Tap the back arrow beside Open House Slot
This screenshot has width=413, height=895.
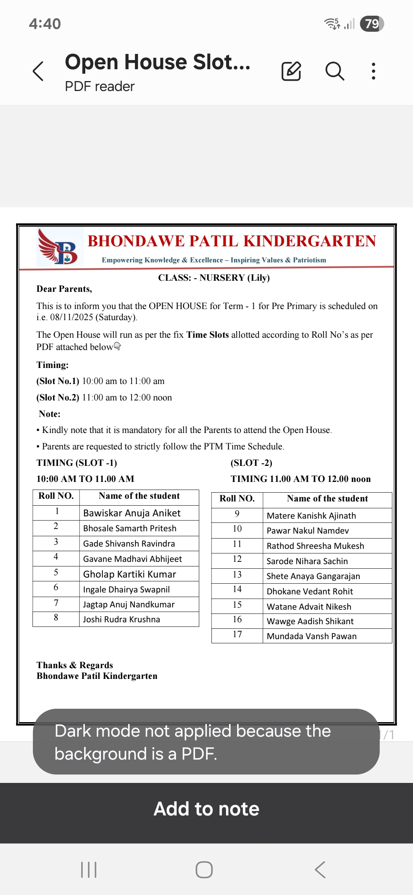pyautogui.click(x=38, y=71)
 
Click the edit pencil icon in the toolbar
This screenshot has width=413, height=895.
pyautogui.click(x=291, y=71)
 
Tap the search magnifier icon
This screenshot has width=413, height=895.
pyautogui.click(x=335, y=71)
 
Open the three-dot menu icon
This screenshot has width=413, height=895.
pyautogui.click(x=373, y=71)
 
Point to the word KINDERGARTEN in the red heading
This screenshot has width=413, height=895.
pyautogui.click(x=310, y=241)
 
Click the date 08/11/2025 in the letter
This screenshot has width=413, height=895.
pyautogui.click(x=72, y=317)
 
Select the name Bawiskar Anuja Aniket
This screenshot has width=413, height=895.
pyautogui.click(x=132, y=513)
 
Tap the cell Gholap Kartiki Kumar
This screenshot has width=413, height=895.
pyautogui.click(x=130, y=574)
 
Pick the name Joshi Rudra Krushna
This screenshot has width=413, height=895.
pyautogui.click(x=122, y=619)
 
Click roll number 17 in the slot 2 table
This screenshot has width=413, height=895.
pyautogui.click(x=237, y=635)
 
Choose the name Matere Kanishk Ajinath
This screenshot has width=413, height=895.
pyautogui.click(x=311, y=516)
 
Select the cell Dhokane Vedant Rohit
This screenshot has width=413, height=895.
pyautogui.click(x=310, y=591)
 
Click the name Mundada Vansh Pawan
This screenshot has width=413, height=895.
pyautogui.click(x=312, y=636)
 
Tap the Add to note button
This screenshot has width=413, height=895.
pyautogui.click(x=206, y=809)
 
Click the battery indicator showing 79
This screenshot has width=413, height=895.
pyautogui.click(x=372, y=24)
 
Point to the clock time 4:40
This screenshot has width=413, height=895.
pyautogui.click(x=45, y=24)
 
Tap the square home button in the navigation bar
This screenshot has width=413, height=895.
pyautogui.click(x=204, y=870)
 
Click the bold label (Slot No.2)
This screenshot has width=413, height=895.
pyautogui.click(x=58, y=397)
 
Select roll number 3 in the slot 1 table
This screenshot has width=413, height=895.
pyautogui.click(x=56, y=542)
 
